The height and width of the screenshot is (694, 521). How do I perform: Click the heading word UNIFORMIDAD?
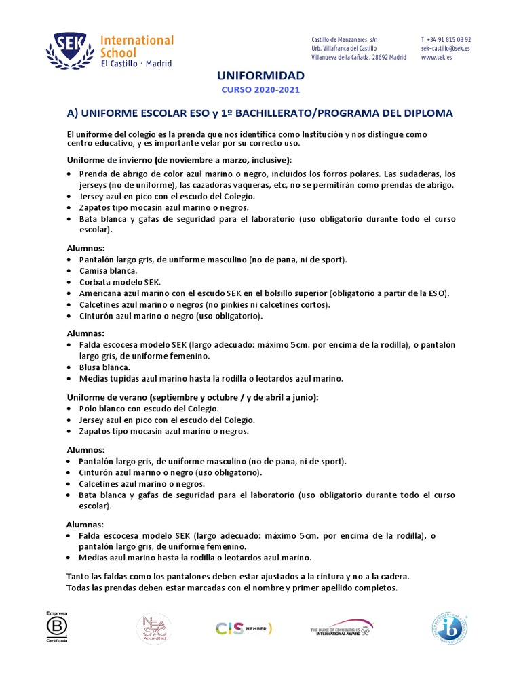260,75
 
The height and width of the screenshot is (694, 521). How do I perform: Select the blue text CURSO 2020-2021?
260,90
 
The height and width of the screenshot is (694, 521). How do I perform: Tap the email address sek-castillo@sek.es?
446,49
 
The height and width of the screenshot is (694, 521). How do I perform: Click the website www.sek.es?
437,58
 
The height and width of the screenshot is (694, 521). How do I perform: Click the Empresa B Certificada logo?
58,627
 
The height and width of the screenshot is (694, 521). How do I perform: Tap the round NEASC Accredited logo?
154,628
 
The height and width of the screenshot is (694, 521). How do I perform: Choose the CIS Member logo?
244,628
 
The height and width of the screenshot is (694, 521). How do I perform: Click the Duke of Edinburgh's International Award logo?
342,628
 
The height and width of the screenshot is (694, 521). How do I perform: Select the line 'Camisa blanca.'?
108,270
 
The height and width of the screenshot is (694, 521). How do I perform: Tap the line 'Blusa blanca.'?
104,367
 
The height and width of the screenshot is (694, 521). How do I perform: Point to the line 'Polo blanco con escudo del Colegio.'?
149,409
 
